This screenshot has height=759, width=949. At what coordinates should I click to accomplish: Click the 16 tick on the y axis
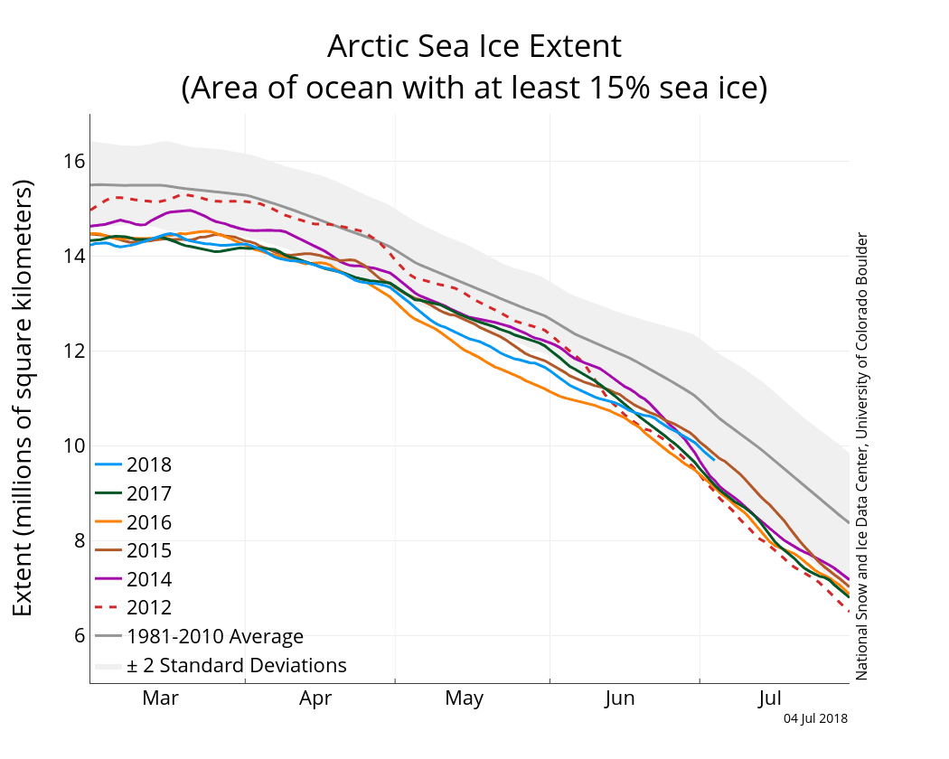point(73,162)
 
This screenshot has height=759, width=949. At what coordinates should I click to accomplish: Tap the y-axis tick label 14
point(73,257)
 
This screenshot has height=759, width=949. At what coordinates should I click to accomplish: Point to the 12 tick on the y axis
point(73,351)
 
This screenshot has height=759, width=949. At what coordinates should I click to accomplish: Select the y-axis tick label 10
point(73,446)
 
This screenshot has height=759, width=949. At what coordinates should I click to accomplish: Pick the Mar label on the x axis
point(161,698)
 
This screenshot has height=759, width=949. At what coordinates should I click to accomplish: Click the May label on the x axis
point(464,698)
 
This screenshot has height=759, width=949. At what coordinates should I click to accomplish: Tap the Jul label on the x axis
point(769,698)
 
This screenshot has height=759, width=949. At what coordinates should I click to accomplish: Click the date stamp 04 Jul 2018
point(815,719)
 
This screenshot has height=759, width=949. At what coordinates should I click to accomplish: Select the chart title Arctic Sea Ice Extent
point(474,45)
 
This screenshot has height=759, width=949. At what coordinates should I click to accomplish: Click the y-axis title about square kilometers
point(23,398)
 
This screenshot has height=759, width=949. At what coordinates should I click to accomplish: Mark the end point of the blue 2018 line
point(714,459)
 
